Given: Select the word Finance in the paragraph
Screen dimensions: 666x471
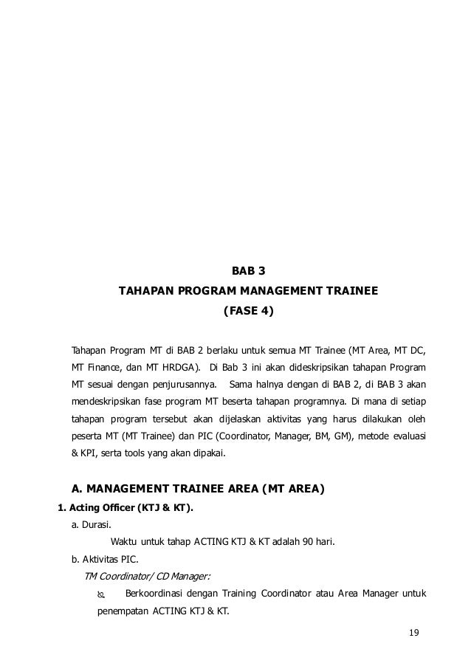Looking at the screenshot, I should pyautogui.click(x=105, y=366).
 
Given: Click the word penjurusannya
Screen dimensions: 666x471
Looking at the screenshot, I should pyautogui.click(x=181, y=385).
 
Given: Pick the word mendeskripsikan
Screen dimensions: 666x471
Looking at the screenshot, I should pyautogui.click(x=104, y=403).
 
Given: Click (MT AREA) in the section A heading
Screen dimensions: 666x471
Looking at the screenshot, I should pyautogui.click(x=286, y=489).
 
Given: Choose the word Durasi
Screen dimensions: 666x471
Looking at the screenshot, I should pyautogui.click(x=97, y=525).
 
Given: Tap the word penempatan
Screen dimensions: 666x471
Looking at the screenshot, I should pyautogui.click(x=123, y=612).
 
